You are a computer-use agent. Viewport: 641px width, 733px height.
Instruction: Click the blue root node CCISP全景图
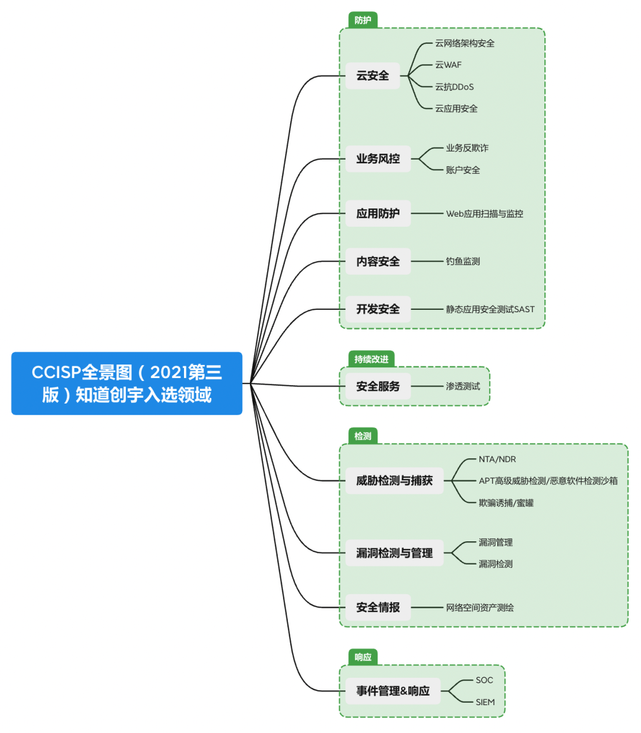click(126, 383)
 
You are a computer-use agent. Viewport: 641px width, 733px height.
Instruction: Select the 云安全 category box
click(373, 76)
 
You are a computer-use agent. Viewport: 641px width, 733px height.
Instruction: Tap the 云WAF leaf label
click(448, 65)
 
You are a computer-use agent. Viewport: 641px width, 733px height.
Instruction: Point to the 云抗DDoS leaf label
click(454, 87)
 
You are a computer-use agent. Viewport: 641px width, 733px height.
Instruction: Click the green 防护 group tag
click(363, 20)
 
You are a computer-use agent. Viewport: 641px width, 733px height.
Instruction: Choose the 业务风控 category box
click(378, 159)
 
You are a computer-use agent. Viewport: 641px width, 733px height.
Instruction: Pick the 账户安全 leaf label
click(463, 170)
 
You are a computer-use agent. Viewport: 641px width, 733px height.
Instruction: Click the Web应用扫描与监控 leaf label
click(484, 214)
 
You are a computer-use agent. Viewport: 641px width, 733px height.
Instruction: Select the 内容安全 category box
click(378, 261)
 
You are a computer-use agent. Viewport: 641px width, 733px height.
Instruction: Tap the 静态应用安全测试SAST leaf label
click(490, 309)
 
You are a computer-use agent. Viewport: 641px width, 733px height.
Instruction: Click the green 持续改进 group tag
click(371, 359)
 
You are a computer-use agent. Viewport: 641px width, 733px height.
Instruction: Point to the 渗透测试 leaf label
click(463, 386)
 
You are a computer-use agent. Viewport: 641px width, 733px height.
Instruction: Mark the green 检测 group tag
click(363, 436)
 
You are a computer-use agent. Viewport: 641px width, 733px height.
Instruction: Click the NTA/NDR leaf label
click(497, 459)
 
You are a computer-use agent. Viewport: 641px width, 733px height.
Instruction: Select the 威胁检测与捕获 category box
click(394, 481)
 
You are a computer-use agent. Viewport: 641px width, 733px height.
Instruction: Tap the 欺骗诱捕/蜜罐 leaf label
click(506, 503)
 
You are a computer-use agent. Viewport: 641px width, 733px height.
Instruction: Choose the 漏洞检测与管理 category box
click(394, 553)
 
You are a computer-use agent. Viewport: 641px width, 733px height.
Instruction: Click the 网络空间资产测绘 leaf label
click(480, 608)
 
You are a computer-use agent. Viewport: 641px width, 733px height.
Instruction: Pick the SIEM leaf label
click(485, 702)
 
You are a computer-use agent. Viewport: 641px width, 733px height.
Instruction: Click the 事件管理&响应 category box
click(393, 691)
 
